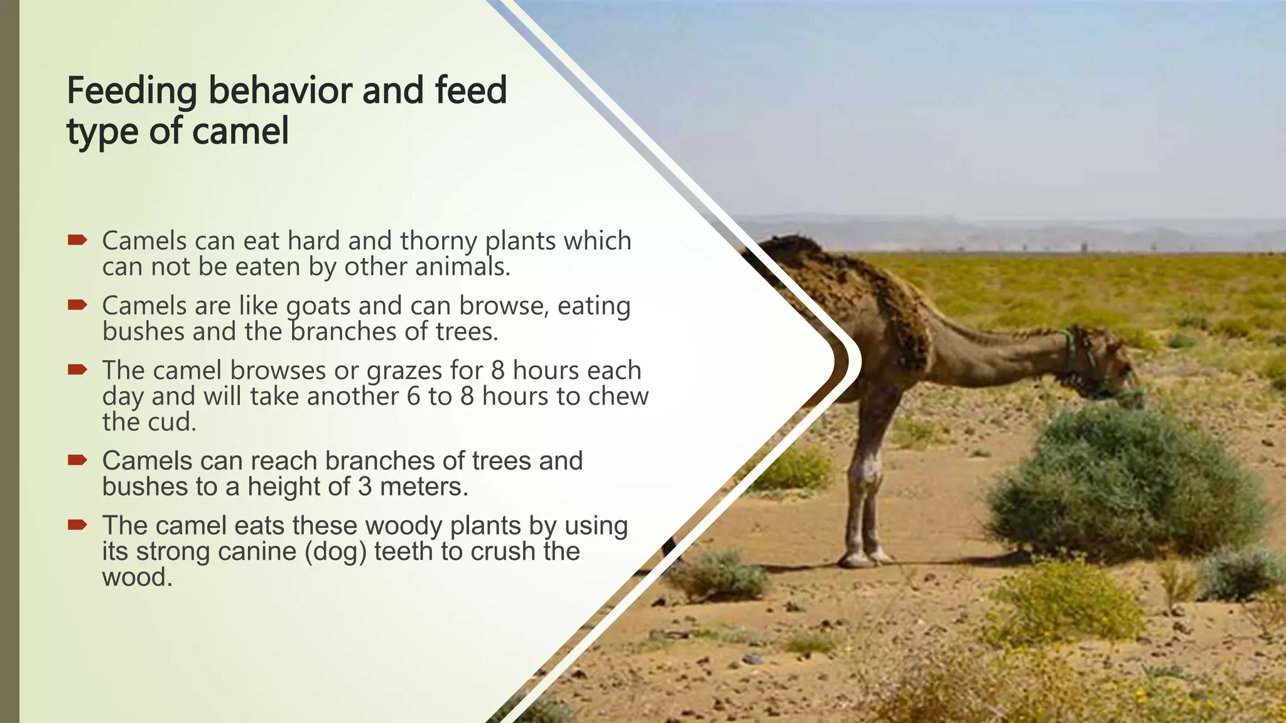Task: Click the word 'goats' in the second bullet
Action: coord(318,306)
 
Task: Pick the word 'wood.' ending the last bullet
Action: coord(137,577)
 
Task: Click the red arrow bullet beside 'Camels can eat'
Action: coord(77,240)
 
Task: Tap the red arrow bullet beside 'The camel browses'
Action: coord(77,369)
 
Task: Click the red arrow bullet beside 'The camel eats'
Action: coord(77,524)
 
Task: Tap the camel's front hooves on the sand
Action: coord(863,557)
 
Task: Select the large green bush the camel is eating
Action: coord(1124,483)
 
